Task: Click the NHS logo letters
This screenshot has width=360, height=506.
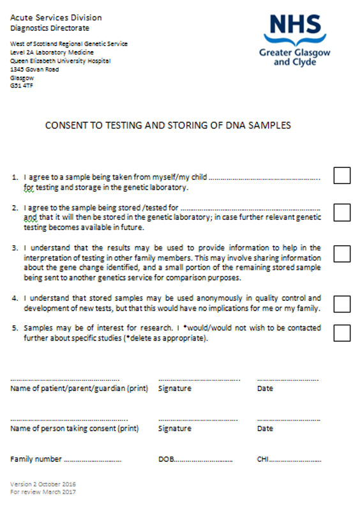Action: [295, 26]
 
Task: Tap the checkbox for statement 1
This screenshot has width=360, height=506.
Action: [342, 175]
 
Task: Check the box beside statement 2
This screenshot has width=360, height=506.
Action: [342, 213]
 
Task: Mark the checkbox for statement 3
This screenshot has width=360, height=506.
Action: [342, 254]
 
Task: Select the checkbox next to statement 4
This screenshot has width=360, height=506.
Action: [342, 303]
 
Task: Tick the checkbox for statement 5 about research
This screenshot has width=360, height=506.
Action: [342, 333]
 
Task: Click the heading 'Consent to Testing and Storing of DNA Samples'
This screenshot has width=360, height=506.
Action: [168, 125]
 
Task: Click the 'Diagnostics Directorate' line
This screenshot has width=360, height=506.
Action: [50, 28]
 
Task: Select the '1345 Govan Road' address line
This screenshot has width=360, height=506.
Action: [34, 70]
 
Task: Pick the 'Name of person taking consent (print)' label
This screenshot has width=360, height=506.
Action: [75, 429]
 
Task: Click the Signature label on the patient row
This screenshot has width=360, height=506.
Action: [175, 388]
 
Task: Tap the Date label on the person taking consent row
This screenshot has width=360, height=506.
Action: [265, 429]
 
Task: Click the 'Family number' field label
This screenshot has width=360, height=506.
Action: [36, 459]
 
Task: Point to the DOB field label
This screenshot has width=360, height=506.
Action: [166, 459]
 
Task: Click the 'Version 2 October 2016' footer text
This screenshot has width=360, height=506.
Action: [43, 484]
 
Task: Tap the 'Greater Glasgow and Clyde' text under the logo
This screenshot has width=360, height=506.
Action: [294, 57]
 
